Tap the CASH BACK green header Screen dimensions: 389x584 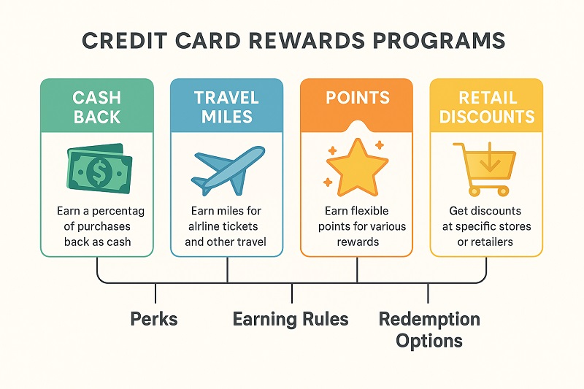[x=97, y=106]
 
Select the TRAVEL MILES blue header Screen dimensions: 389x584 [x=226, y=106]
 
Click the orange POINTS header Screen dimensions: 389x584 [x=356, y=99]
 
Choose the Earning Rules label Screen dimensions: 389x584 [x=291, y=319]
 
